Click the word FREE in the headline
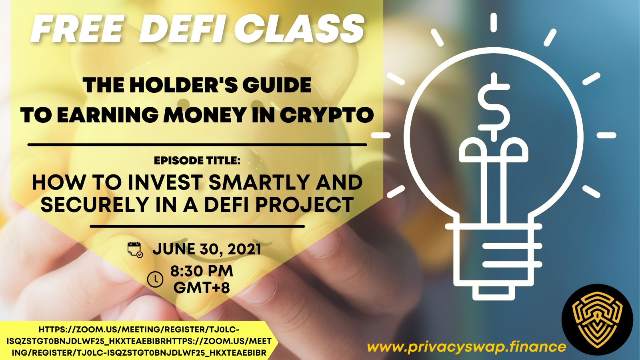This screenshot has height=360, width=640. click(77, 28)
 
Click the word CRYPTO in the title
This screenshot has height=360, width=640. click(327, 115)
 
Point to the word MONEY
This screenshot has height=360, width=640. click(205, 115)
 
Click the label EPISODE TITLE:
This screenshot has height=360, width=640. click(197, 160)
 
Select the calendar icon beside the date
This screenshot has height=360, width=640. click(135, 250)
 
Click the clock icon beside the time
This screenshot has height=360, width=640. click(155, 279)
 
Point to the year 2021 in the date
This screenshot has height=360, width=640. click(244, 249)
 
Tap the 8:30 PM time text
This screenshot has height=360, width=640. click(202, 271)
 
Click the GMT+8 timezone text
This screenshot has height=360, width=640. click(202, 288)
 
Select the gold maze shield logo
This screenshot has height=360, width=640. click(597, 320)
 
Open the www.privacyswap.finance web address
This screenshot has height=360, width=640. click(466, 347)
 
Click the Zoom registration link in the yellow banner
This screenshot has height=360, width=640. click(139, 341)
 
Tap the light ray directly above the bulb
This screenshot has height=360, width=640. click(494, 22)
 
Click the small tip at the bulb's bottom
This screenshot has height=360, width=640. click(494, 293)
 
